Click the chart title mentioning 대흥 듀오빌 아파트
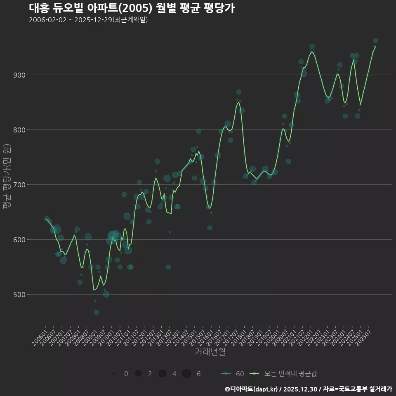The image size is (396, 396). click(132, 8)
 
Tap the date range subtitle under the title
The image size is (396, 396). click(88, 20)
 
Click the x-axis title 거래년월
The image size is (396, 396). click(210, 352)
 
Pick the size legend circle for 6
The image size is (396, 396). click(186, 374)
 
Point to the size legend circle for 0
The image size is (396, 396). click(113, 374)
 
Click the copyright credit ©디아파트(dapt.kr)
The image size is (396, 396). click(252, 389)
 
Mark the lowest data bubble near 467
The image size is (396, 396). click(96, 312)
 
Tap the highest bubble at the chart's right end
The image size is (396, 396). click(375, 40)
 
